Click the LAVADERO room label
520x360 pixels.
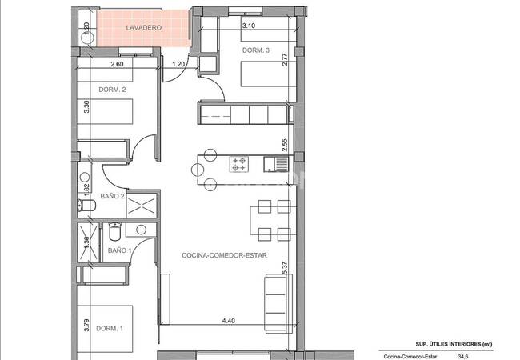[143, 27]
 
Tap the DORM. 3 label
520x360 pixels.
[256, 50]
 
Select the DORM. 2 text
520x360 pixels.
[112, 90]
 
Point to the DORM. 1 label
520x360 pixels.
[110, 329]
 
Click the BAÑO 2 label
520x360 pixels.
[112, 196]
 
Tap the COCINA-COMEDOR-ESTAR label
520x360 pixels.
[224, 255]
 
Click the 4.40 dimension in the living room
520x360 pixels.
[229, 321]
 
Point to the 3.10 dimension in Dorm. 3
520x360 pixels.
[248, 25]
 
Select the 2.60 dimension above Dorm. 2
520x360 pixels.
[117, 64]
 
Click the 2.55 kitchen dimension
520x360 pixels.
[285, 145]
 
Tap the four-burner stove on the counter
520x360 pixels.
[239, 165]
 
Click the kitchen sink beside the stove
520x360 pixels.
[276, 165]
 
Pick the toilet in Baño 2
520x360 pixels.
[86, 206]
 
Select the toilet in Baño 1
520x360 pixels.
[115, 232]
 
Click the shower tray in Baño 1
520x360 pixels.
[88, 242]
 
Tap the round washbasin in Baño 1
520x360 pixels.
[142, 230]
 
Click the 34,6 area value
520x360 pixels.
[463, 357]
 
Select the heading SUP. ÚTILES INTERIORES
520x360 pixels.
[454, 345]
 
